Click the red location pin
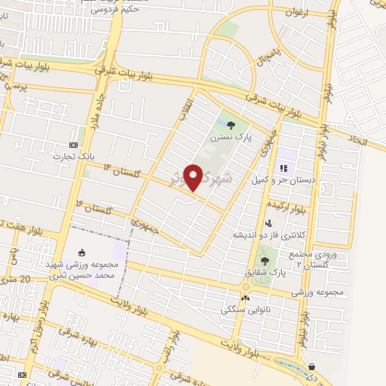click(x=195, y=176)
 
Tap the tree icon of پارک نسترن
click(x=231, y=127)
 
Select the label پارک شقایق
click(x=245, y=270)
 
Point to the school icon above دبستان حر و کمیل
click(x=284, y=168)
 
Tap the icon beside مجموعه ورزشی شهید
click(x=82, y=254)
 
